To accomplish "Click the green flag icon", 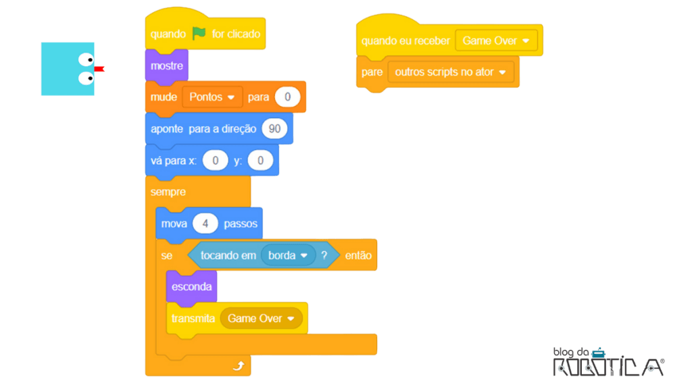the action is [x=199, y=33].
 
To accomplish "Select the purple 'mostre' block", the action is [x=167, y=66].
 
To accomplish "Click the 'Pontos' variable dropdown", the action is [x=212, y=97].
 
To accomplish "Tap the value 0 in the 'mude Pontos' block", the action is [x=287, y=97].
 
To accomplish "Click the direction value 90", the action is [x=274, y=129].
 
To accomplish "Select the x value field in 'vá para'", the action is [x=216, y=161].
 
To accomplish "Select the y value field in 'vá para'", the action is [x=260, y=161].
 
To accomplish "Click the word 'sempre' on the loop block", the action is [x=168, y=192].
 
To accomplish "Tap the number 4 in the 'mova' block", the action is [x=205, y=224].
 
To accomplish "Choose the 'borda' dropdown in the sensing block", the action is [x=288, y=255].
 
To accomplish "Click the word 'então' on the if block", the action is [x=358, y=255].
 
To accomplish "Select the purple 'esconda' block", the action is [x=191, y=287].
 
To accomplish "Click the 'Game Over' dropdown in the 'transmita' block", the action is [x=262, y=319].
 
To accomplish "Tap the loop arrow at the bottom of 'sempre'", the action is [x=239, y=365].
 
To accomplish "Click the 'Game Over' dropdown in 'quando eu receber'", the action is [x=496, y=41].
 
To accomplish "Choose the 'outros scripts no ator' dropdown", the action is [x=451, y=72].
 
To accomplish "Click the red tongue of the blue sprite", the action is [x=99, y=69].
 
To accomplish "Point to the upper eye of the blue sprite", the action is [x=86, y=59].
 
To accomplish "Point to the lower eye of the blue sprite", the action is [x=86, y=78].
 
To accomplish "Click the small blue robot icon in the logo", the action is [x=599, y=353].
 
